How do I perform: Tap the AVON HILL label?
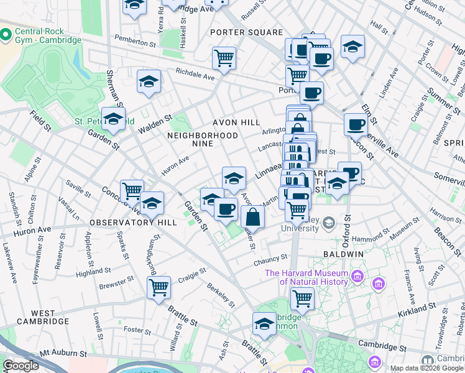pyautogui.click(x=236, y=122)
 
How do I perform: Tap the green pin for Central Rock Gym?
pyautogui.click(x=6, y=35)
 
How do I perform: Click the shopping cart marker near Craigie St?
pyautogui.click(x=159, y=288)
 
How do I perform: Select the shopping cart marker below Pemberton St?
pyautogui.click(x=224, y=58)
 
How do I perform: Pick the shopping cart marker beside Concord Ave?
pyautogui.click(x=132, y=191)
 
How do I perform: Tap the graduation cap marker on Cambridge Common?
pyautogui.click(x=264, y=323)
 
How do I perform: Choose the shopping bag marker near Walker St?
pyautogui.click(x=253, y=217)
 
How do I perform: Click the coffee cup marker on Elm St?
pyautogui.click(x=356, y=124)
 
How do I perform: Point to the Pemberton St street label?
pyautogui.click(x=135, y=44)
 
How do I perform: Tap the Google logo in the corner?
pyautogui.click(x=21, y=366)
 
